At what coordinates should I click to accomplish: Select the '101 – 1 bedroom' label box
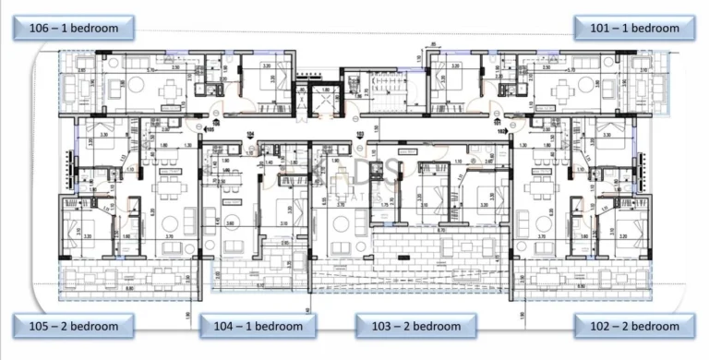(634, 28)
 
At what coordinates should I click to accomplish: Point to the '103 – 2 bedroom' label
(415, 326)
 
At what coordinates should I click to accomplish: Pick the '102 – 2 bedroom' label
(634, 326)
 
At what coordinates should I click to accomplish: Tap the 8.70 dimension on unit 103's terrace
(443, 228)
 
